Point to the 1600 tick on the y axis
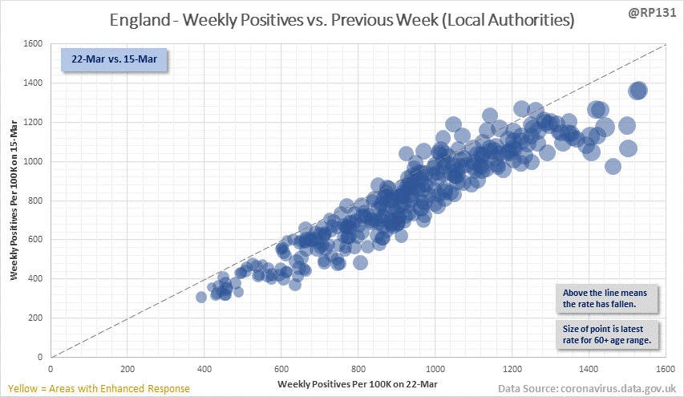point(33,43)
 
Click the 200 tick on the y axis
point(36,318)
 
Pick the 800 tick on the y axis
point(36,201)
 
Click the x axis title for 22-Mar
point(357,385)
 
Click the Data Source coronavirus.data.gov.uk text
point(588,389)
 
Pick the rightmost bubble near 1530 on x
point(638,91)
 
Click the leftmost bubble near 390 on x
point(201,297)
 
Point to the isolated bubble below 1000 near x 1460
point(613,167)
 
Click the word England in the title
point(150,21)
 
